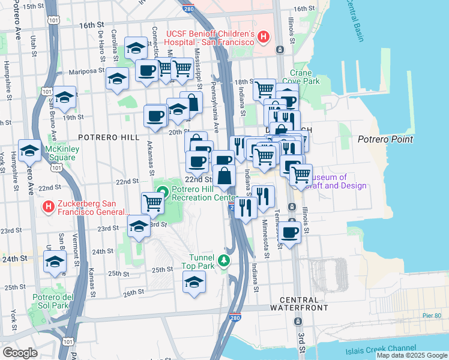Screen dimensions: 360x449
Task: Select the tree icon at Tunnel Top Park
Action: (223, 260)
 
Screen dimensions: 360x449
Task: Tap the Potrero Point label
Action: (385, 139)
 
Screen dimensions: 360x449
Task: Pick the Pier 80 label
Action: (432, 316)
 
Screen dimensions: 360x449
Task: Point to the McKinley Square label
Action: (62, 154)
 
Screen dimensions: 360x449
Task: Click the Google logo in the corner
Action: (20, 352)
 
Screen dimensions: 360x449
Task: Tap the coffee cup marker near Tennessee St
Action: (289, 232)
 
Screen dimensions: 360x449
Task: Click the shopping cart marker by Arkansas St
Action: (152, 203)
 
